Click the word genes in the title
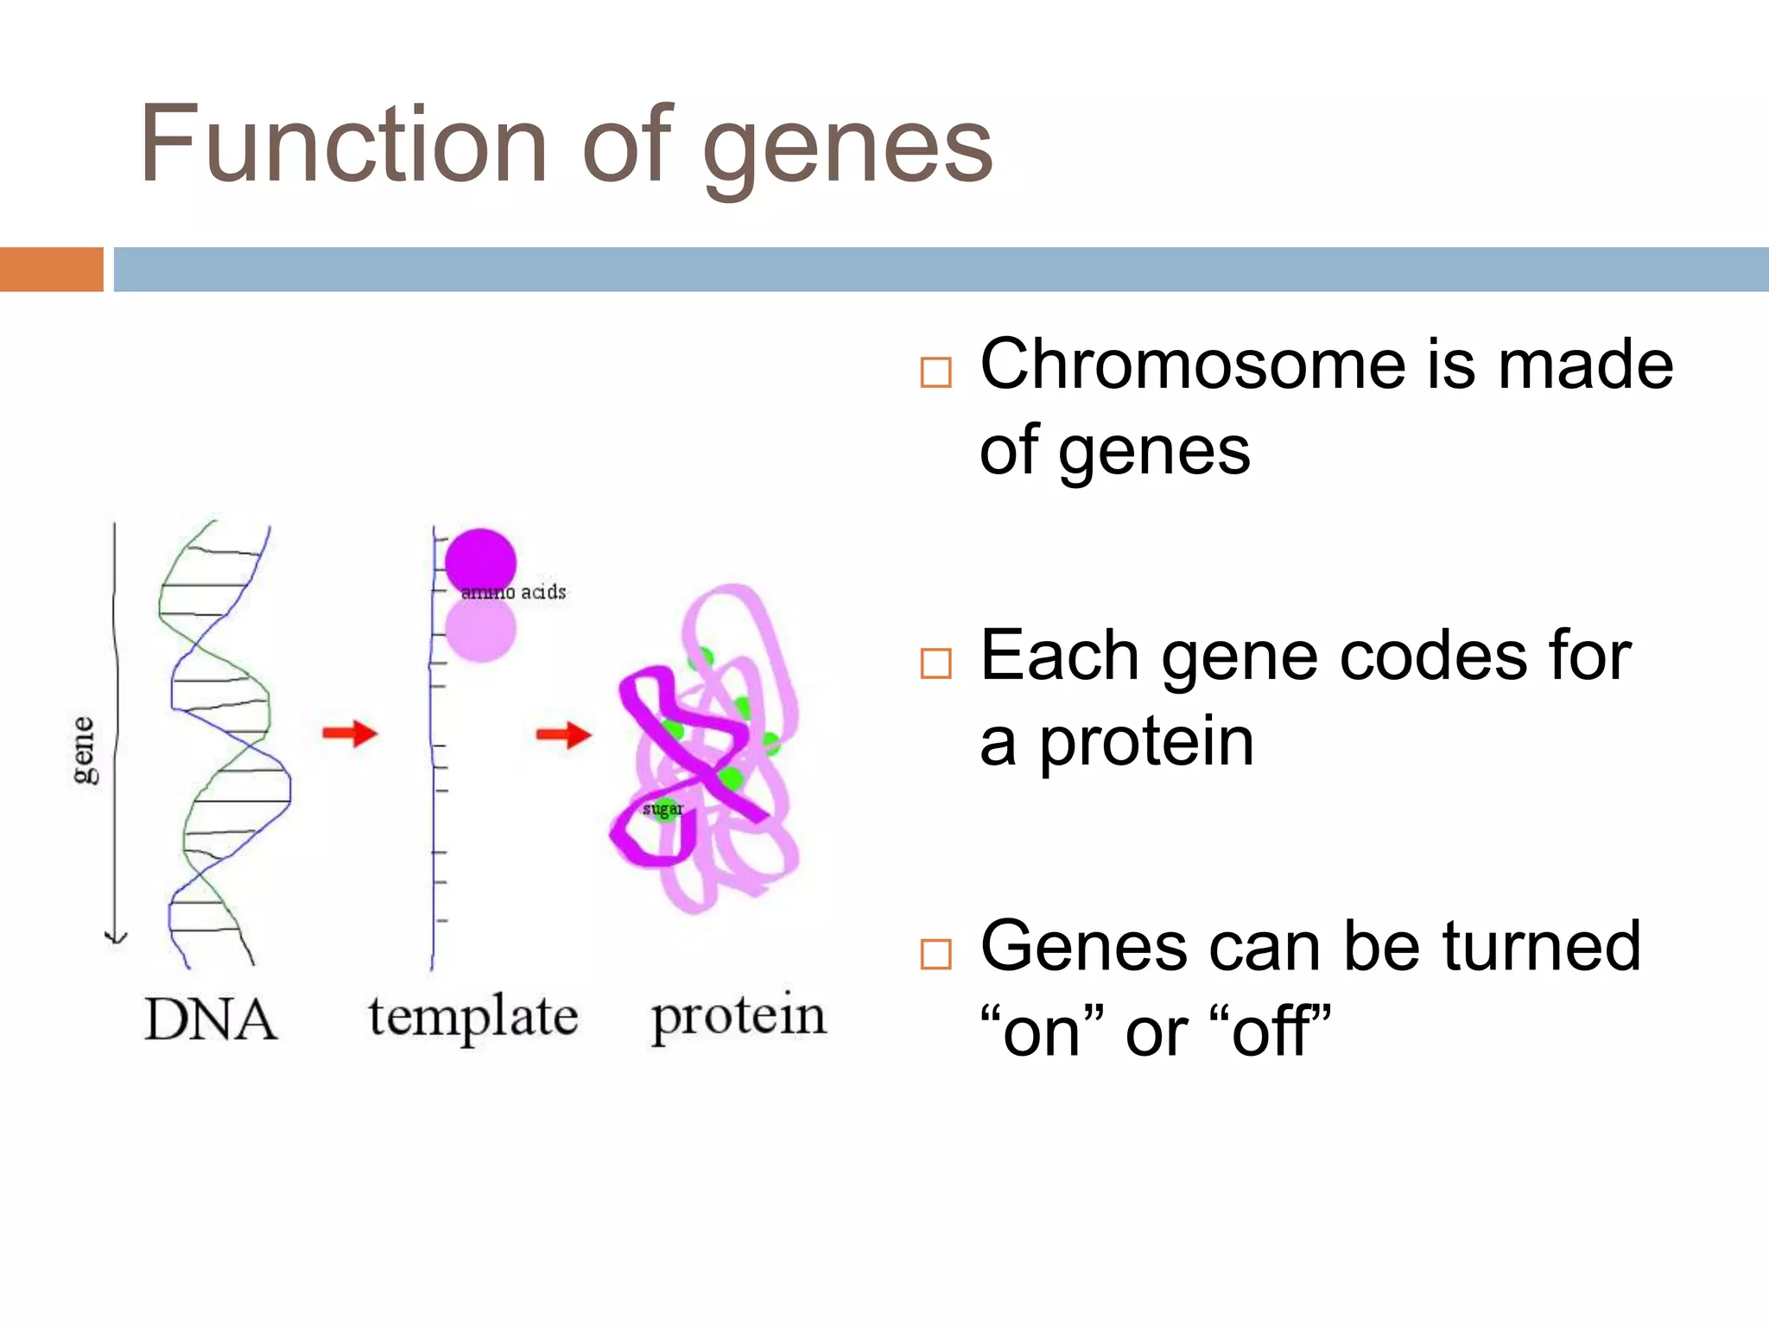pyautogui.click(x=848, y=147)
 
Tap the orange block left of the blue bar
pyautogui.click(x=51, y=269)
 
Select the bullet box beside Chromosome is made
pyautogui.click(x=935, y=372)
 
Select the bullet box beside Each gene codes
pyautogui.click(x=935, y=663)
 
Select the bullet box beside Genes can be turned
pyautogui.click(x=935, y=955)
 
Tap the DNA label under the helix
pyautogui.click(x=210, y=1019)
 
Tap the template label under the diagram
pyautogui.click(x=472, y=1018)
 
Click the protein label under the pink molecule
pyautogui.click(x=739, y=1018)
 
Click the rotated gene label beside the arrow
pyautogui.click(x=84, y=750)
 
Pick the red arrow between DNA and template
pyautogui.click(x=350, y=733)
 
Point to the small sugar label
pyautogui.click(x=663, y=810)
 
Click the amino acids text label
pyautogui.click(x=514, y=592)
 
